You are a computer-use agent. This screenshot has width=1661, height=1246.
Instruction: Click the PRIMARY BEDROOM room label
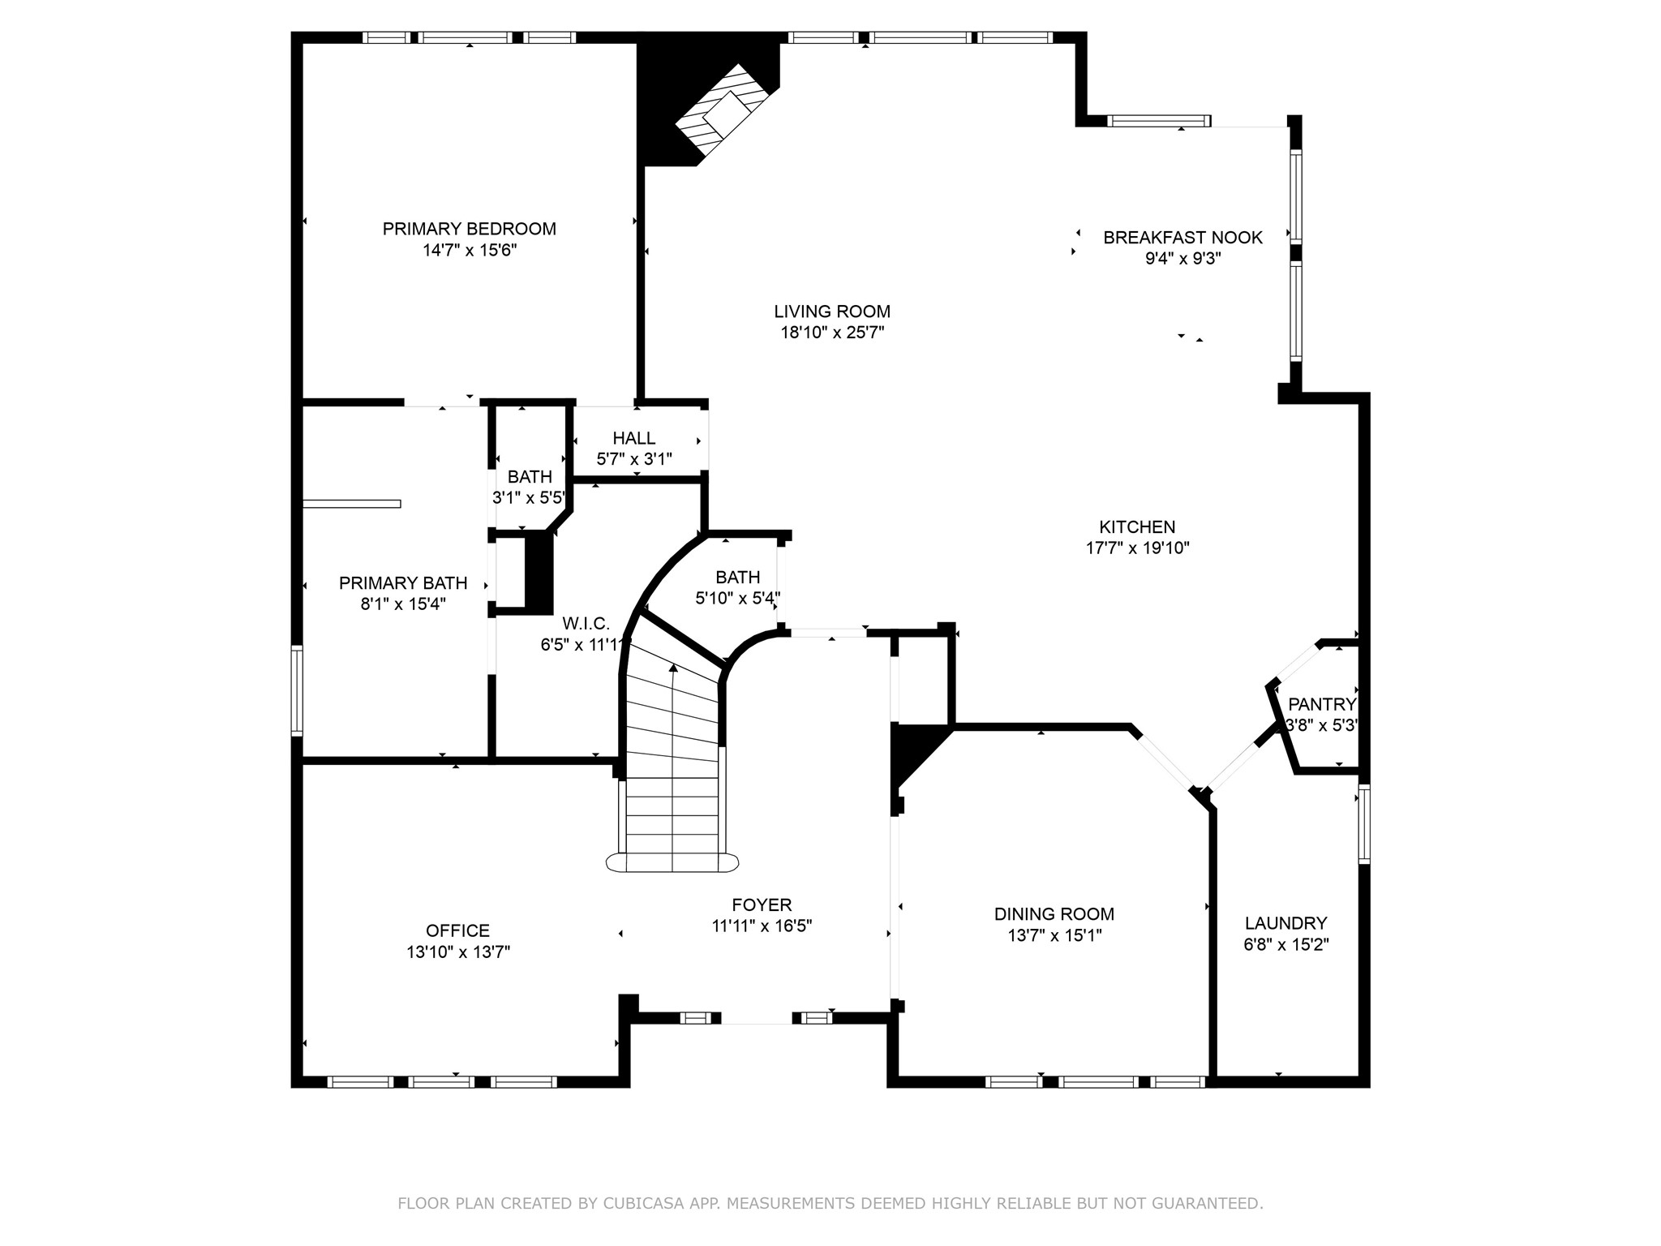(x=469, y=229)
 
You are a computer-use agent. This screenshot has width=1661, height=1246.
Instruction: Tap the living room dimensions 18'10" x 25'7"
(x=831, y=333)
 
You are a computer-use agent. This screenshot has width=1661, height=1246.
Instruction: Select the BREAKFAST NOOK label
(x=1182, y=238)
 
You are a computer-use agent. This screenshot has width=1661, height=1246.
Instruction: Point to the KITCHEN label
(x=1137, y=526)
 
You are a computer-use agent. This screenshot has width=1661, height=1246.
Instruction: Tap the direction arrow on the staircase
(x=673, y=668)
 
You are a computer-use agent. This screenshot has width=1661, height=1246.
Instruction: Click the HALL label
(x=633, y=438)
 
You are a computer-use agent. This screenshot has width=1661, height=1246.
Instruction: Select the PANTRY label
(x=1321, y=704)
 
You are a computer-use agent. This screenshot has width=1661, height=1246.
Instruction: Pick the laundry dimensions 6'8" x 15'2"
(x=1285, y=944)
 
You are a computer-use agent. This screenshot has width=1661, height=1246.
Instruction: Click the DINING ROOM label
(x=1054, y=914)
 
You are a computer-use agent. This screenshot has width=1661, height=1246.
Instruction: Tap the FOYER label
(x=761, y=904)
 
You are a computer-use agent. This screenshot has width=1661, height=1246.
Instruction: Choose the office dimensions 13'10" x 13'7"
(x=457, y=952)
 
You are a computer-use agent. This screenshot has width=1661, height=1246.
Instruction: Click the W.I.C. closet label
(x=586, y=624)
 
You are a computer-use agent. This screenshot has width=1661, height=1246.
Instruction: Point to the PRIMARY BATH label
(x=402, y=583)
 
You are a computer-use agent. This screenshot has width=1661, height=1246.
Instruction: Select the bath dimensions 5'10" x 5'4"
(x=737, y=599)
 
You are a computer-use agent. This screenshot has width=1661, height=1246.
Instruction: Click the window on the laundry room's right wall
(x=1363, y=823)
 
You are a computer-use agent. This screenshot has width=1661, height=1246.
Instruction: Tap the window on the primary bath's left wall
(x=297, y=690)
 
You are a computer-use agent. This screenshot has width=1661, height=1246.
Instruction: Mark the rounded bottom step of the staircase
(x=672, y=862)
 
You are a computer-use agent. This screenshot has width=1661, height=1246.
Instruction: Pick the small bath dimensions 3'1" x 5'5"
(x=529, y=498)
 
